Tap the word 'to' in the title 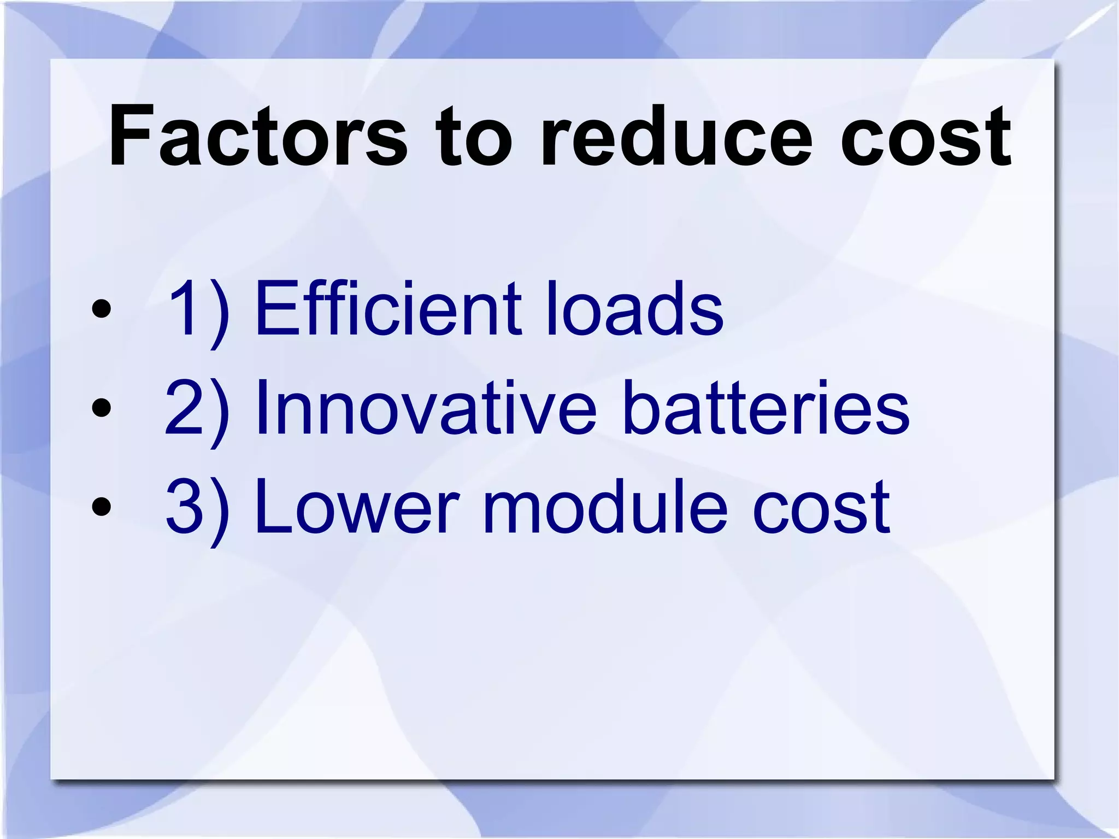pyautogui.click(x=473, y=137)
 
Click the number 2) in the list pyautogui.click(x=197, y=410)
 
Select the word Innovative pyautogui.click(x=426, y=408)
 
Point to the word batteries pyautogui.click(x=765, y=408)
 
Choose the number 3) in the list pyautogui.click(x=197, y=508)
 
